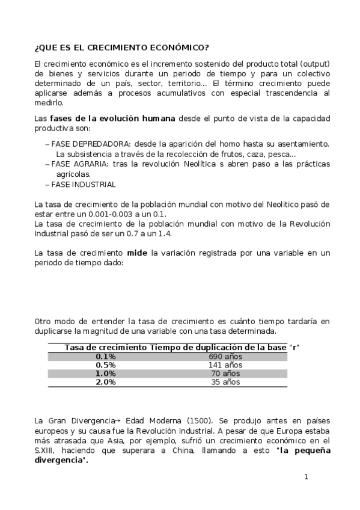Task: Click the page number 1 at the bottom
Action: pyautogui.click(x=306, y=477)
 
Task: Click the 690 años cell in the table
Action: pyautogui.click(x=225, y=357)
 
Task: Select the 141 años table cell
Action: pyautogui.click(x=225, y=365)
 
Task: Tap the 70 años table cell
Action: pyautogui.click(x=225, y=373)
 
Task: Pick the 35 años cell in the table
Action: pyautogui.click(x=225, y=382)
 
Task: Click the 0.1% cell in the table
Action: pyautogui.click(x=106, y=357)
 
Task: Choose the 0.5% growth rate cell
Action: pyautogui.click(x=106, y=365)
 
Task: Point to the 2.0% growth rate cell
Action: pyautogui.click(x=106, y=382)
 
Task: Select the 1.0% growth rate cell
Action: pyautogui.click(x=106, y=373)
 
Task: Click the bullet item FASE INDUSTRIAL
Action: pyautogui.click(x=84, y=185)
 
